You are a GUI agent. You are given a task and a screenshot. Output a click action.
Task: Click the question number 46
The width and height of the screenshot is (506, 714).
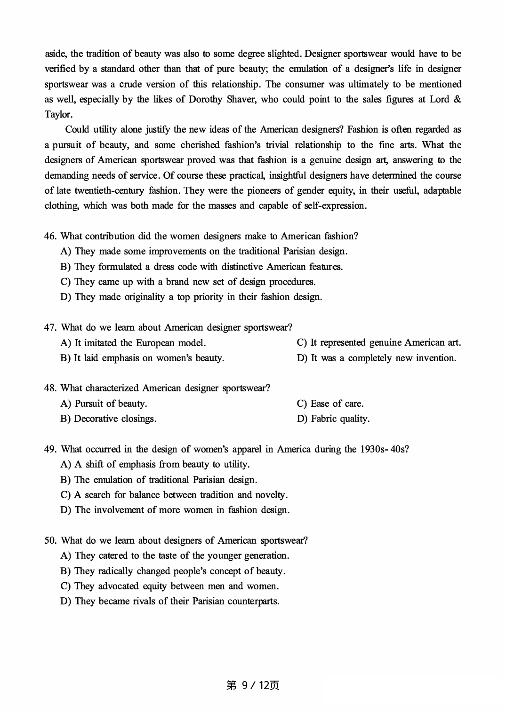(x=50, y=236)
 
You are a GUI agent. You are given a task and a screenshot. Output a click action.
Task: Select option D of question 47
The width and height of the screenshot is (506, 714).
(x=376, y=358)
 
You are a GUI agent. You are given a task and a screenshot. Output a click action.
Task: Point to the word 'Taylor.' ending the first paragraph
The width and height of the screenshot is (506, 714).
(x=59, y=114)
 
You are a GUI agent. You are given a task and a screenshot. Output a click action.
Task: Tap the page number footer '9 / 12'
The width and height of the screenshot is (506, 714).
(x=253, y=685)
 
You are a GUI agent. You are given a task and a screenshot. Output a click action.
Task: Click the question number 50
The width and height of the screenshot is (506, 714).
(x=50, y=540)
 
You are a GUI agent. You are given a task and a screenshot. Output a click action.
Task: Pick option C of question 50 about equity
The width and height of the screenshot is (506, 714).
(x=169, y=586)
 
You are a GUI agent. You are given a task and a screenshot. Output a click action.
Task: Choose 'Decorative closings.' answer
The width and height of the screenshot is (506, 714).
(x=109, y=419)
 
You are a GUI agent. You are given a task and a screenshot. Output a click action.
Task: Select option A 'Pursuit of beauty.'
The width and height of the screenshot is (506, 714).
(x=104, y=404)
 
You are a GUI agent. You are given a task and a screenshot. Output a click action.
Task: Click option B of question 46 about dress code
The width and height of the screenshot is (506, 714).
(x=201, y=267)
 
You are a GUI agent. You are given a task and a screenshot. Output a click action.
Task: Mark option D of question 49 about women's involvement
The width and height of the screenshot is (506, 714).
(x=175, y=510)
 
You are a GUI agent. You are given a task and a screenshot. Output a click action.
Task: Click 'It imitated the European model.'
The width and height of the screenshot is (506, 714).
(x=133, y=343)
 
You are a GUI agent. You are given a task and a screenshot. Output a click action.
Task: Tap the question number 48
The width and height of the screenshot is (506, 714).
(x=50, y=388)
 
